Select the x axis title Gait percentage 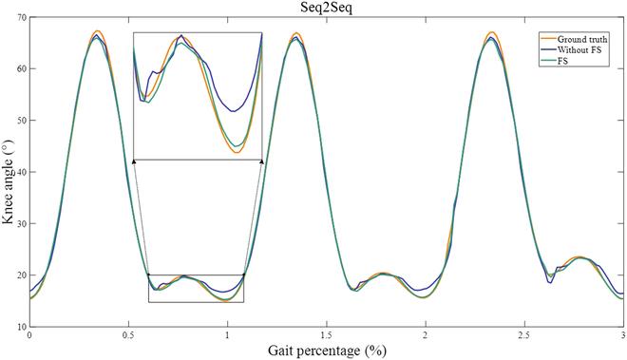pos(327,351)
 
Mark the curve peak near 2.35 pos(492,33)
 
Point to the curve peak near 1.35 pos(296,34)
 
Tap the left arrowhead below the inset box pos(134,162)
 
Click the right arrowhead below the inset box pos(261,162)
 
